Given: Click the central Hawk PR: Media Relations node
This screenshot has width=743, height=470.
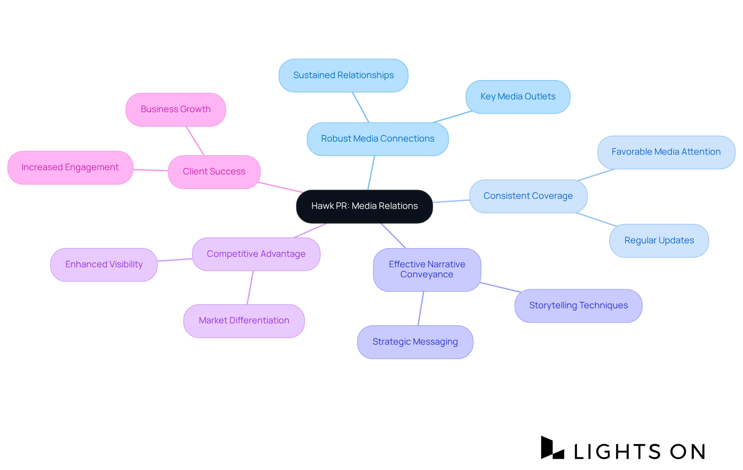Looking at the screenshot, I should (x=364, y=206).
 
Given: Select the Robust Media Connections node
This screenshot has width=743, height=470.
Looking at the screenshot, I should (x=378, y=139).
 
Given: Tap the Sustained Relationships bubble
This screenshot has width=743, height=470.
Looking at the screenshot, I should (x=343, y=75).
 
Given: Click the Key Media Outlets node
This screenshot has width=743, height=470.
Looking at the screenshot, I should (x=518, y=97).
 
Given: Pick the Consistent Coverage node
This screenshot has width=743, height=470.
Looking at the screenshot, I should (x=528, y=196).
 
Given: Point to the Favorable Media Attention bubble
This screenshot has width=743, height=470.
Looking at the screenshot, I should (x=666, y=152).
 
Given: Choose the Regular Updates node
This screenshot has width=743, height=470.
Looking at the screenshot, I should (x=659, y=241).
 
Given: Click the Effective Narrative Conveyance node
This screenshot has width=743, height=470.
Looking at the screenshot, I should (x=427, y=270).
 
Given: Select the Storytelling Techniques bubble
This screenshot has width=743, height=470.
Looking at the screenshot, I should (x=578, y=306).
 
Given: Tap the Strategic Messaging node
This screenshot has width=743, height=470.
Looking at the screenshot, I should (x=415, y=342).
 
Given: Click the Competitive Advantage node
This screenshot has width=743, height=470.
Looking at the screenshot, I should (x=256, y=254).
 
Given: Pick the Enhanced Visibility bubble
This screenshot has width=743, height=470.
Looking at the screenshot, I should (x=104, y=265).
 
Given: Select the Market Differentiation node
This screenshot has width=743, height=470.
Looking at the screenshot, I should (x=244, y=321).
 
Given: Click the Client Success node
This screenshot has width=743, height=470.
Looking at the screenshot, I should (x=214, y=172).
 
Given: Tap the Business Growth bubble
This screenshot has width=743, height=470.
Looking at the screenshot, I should (x=176, y=109).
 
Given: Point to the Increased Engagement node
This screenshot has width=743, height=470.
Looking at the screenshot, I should (x=70, y=167).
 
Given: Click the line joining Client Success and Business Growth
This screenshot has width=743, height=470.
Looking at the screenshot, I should (x=195, y=141).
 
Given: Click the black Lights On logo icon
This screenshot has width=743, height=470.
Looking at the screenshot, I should (x=551, y=448).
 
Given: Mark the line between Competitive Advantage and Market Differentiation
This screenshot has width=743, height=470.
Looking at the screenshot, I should (x=250, y=287).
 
